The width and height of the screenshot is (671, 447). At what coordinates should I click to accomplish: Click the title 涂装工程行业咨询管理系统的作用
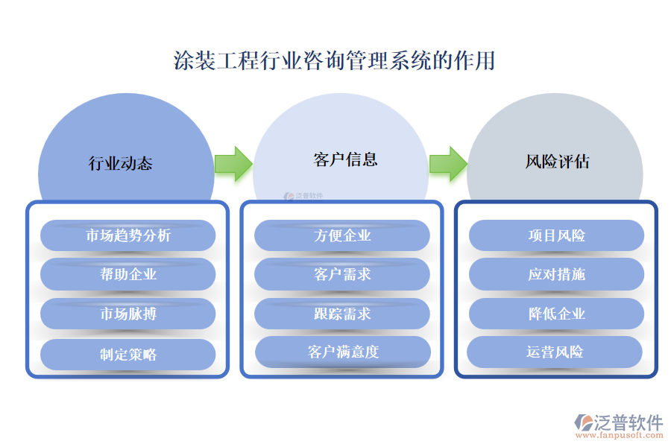(x=334, y=60)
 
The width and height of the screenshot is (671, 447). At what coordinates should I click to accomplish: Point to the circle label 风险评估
(x=557, y=161)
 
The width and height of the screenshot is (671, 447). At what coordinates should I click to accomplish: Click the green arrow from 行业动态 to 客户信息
(x=233, y=163)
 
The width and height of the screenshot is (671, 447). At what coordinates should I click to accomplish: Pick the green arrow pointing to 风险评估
(x=448, y=163)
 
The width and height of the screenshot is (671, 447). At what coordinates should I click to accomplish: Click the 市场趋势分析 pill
(x=127, y=235)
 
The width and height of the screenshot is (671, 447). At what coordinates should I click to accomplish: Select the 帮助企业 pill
(x=127, y=274)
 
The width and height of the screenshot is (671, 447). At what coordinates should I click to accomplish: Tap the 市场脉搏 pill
(x=127, y=314)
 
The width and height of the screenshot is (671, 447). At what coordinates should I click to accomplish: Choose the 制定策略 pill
(x=127, y=355)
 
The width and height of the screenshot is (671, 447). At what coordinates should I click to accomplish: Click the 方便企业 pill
(x=342, y=235)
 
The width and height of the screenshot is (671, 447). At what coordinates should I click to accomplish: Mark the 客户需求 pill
(x=342, y=274)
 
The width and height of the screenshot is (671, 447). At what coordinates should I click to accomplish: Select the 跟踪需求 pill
(x=342, y=314)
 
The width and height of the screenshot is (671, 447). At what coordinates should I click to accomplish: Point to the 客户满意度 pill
(x=343, y=352)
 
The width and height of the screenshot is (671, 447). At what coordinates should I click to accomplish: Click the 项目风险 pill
(x=556, y=235)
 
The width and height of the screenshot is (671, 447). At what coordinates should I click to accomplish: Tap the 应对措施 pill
(x=556, y=274)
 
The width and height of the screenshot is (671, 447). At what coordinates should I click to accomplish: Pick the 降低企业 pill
(x=556, y=314)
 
